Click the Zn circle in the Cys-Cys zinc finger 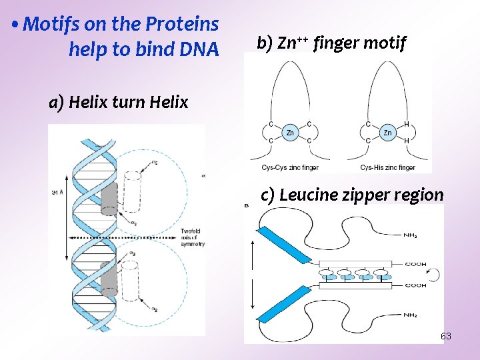tap(290, 133)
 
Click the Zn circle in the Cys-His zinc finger tap(387, 133)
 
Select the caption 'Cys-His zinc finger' tap(387, 167)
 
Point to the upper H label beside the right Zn tap(407, 124)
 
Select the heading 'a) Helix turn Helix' tap(119, 103)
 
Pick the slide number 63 tap(446, 336)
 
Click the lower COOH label tap(415, 285)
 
